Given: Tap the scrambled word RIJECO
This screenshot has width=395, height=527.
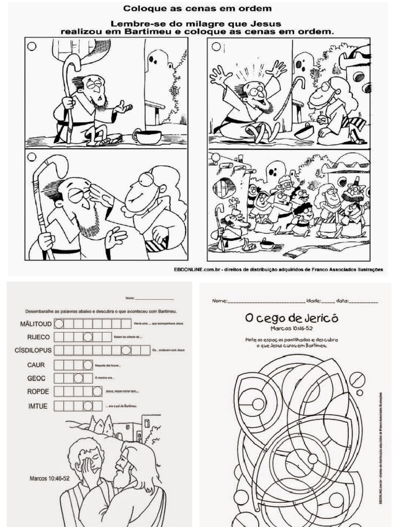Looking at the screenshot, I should pyautogui.click(x=39, y=337).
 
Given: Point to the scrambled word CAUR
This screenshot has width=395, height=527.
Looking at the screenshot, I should pyautogui.click(x=37, y=365).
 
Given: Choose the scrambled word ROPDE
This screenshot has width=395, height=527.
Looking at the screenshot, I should pyautogui.click(x=38, y=392).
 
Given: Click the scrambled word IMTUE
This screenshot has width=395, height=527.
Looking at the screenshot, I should pyautogui.click(x=38, y=406).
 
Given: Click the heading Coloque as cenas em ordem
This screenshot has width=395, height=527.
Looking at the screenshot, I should pyautogui.click(x=197, y=8).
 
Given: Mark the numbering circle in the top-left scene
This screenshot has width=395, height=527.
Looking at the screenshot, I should pyautogui.click(x=32, y=46).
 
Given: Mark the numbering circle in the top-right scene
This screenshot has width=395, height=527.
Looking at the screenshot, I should pyautogui.click(x=216, y=47).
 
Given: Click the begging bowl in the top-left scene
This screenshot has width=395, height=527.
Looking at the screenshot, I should pyautogui.click(x=147, y=136).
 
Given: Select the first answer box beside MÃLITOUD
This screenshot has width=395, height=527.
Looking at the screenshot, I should pyautogui.click(x=59, y=324).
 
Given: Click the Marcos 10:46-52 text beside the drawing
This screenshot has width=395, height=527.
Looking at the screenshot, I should pyautogui.click(x=49, y=478).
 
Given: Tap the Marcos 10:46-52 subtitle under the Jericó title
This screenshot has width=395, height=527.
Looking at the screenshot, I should pyautogui.click(x=291, y=328).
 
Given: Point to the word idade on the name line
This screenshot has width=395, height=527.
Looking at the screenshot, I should pyautogui.click(x=314, y=301).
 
